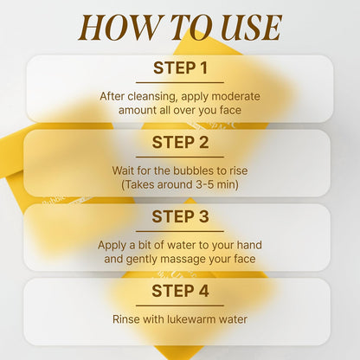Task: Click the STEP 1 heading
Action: pyautogui.click(x=180, y=68)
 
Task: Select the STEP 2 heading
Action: pyautogui.click(x=180, y=143)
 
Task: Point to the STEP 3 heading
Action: pyautogui.click(x=180, y=217)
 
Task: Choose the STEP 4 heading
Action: pyautogui.click(x=180, y=292)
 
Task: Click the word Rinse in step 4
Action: pyautogui.click(x=126, y=319)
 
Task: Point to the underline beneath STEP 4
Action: pyautogui.click(x=180, y=305)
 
